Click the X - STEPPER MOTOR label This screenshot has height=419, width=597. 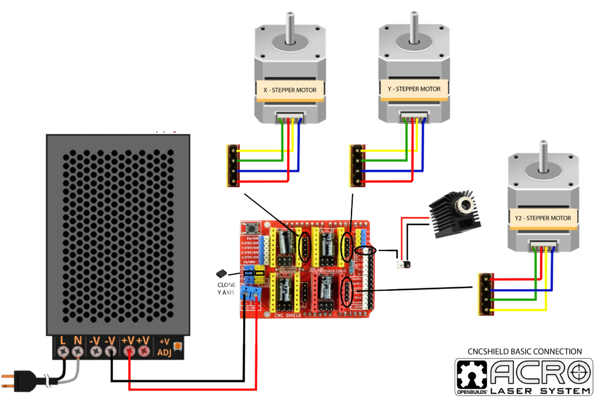[290, 90]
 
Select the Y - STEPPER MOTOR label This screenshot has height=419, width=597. [414, 89]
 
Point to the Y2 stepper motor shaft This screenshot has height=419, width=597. [544, 149]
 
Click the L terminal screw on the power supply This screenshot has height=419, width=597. [63, 351]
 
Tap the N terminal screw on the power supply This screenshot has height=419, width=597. [78, 351]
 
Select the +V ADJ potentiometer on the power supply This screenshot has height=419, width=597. [177, 347]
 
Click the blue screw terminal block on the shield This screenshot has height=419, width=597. [250, 294]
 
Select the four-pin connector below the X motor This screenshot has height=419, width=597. [232, 165]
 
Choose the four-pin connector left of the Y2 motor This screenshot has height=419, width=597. [485, 294]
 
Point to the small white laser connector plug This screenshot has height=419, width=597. [404, 265]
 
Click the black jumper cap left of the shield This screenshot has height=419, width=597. [221, 273]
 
